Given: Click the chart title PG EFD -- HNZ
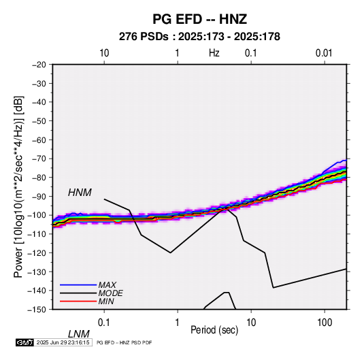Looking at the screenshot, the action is [x=199, y=19].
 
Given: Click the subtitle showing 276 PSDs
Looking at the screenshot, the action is [x=199, y=37].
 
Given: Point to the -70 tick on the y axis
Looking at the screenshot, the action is [x=39, y=159].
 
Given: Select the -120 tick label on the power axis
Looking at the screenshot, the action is [x=37, y=253].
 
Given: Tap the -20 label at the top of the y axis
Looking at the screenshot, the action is [x=39, y=65].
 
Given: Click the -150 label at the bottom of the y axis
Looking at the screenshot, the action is [x=37, y=310].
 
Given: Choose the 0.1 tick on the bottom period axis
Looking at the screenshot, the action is [x=104, y=323].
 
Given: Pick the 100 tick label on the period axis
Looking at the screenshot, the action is [x=325, y=323].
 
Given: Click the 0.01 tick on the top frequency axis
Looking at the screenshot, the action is [x=324, y=53].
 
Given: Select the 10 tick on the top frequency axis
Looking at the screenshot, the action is [x=104, y=53].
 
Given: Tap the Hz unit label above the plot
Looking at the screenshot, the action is [x=214, y=53].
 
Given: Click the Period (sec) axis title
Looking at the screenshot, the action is [x=214, y=330].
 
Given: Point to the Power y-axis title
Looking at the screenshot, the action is [x=18, y=187].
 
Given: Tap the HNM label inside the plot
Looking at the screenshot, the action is [x=80, y=193].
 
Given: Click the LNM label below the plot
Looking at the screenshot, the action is [x=79, y=334].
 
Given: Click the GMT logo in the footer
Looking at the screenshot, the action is [x=24, y=342].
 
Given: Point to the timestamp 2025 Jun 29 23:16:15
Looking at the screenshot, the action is [x=63, y=342].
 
